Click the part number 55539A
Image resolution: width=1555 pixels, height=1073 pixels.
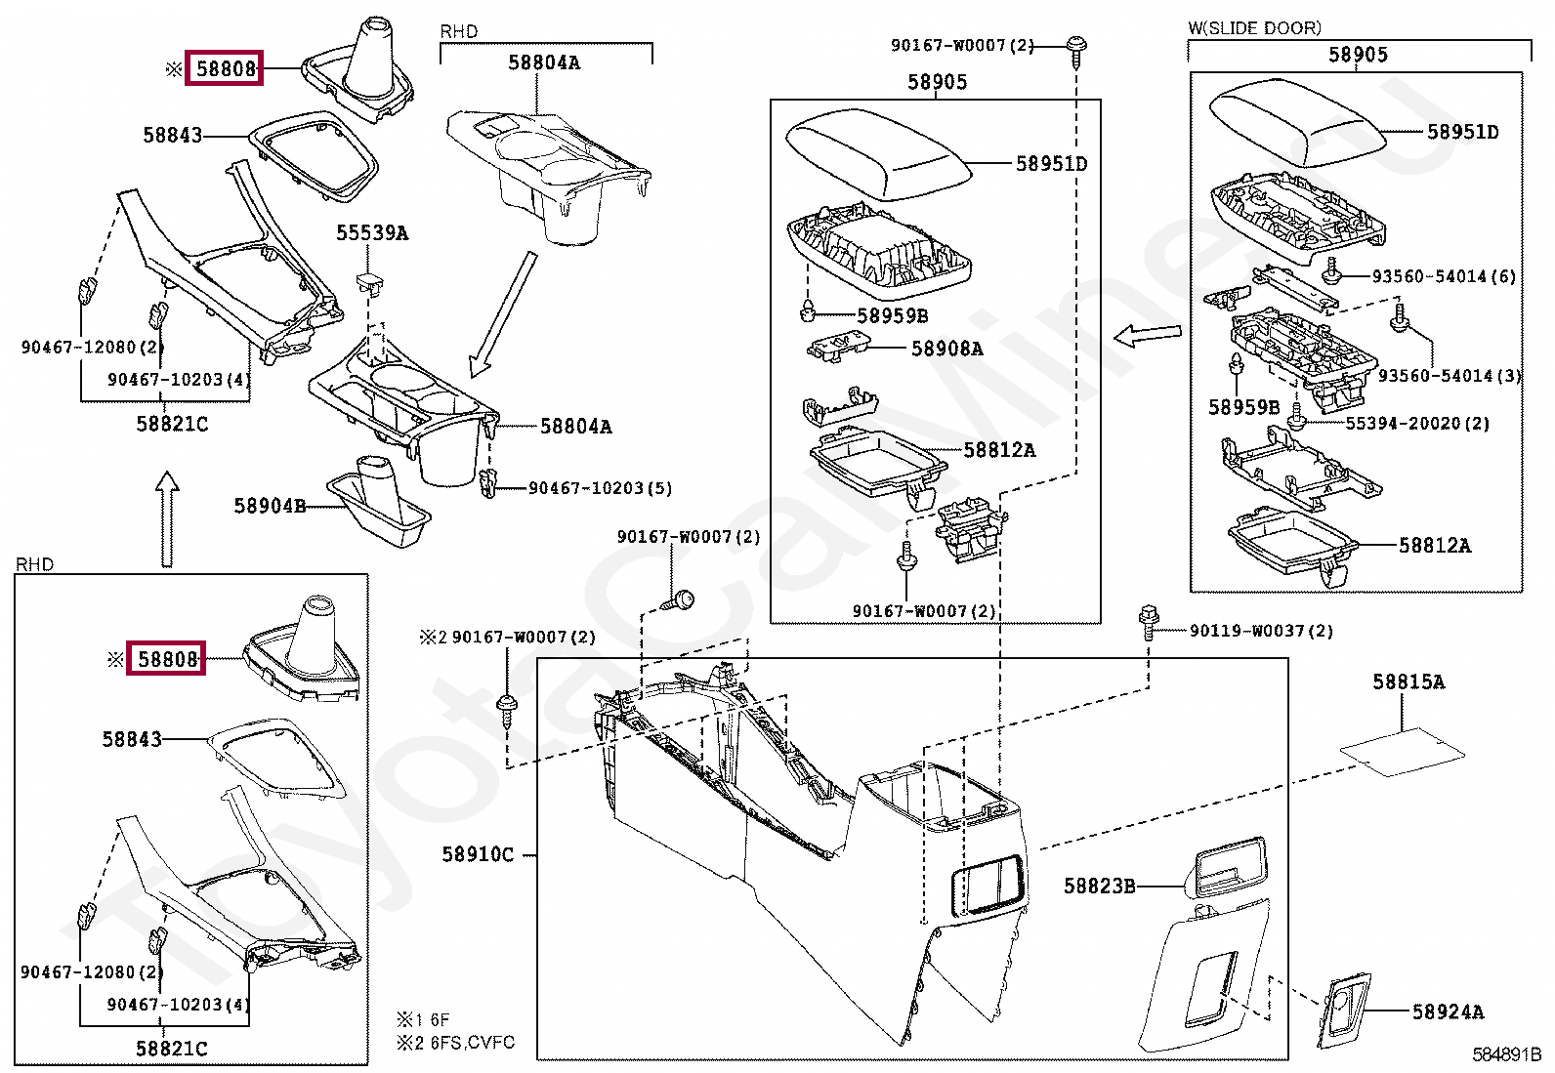[372, 232]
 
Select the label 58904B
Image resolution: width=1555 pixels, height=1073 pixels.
[270, 506]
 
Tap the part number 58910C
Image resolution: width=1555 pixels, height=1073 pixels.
[478, 854]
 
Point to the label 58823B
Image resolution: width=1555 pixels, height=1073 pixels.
[1100, 886]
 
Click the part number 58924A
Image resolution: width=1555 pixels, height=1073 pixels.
[1449, 1011]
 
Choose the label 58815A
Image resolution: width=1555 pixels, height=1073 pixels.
[1408, 682]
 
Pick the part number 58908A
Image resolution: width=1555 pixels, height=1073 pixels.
[946, 349]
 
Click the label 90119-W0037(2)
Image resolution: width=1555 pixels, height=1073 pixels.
[1261, 631]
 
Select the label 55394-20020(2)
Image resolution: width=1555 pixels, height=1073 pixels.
[1417, 424]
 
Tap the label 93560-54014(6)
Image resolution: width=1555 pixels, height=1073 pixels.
[1444, 276]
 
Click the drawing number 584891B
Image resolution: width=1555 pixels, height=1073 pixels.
[1506, 1055]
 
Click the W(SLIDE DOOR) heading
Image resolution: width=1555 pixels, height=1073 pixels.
[1254, 28]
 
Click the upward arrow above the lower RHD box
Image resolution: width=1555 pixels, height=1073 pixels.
[167, 519]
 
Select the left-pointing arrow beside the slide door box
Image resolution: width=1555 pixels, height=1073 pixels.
[1147, 335]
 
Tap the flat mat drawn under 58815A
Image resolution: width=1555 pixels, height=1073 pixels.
[1403, 752]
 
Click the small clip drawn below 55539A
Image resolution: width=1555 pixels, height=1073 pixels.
[370, 282]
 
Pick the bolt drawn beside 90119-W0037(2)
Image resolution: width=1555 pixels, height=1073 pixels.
[1149, 622]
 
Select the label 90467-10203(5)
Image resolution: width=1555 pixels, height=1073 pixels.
[601, 488]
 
